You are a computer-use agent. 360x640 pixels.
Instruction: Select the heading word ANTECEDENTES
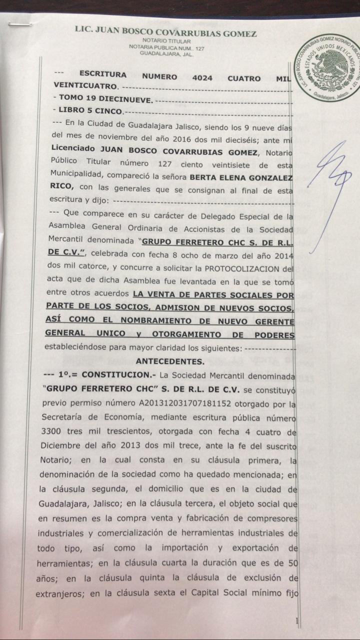[x=169, y=361]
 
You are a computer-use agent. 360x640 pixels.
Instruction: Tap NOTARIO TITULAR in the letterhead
[x=165, y=40]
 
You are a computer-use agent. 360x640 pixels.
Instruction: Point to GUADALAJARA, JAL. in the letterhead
[x=166, y=53]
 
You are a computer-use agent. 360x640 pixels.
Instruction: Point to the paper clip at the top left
[x=20, y=23]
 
